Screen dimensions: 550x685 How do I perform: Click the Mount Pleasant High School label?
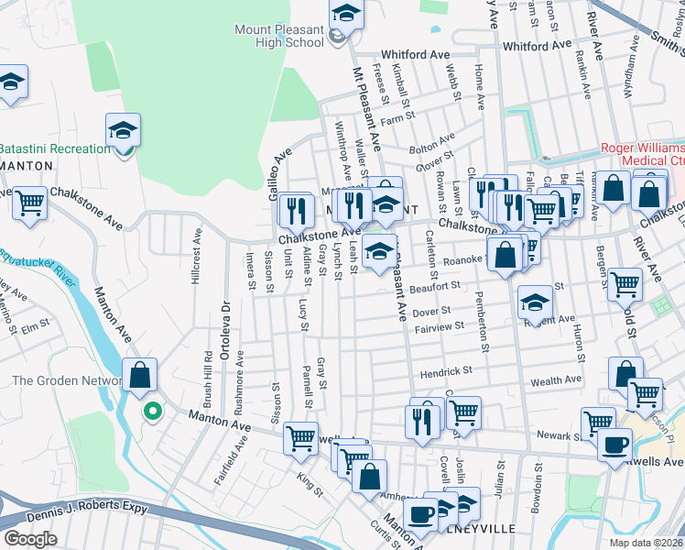pyautogui.click(x=278, y=36)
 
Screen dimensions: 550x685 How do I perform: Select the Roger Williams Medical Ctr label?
pyautogui.click(x=642, y=155)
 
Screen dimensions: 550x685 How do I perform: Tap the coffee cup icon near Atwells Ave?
pyautogui.click(x=614, y=445)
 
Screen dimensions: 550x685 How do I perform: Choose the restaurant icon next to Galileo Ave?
pyautogui.click(x=296, y=210)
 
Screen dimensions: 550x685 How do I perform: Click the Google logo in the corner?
pyautogui.click(x=30, y=538)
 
